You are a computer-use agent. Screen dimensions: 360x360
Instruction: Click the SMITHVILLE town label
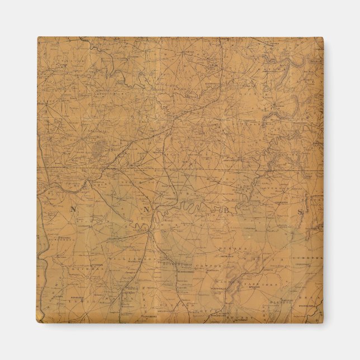tap(226, 257)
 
